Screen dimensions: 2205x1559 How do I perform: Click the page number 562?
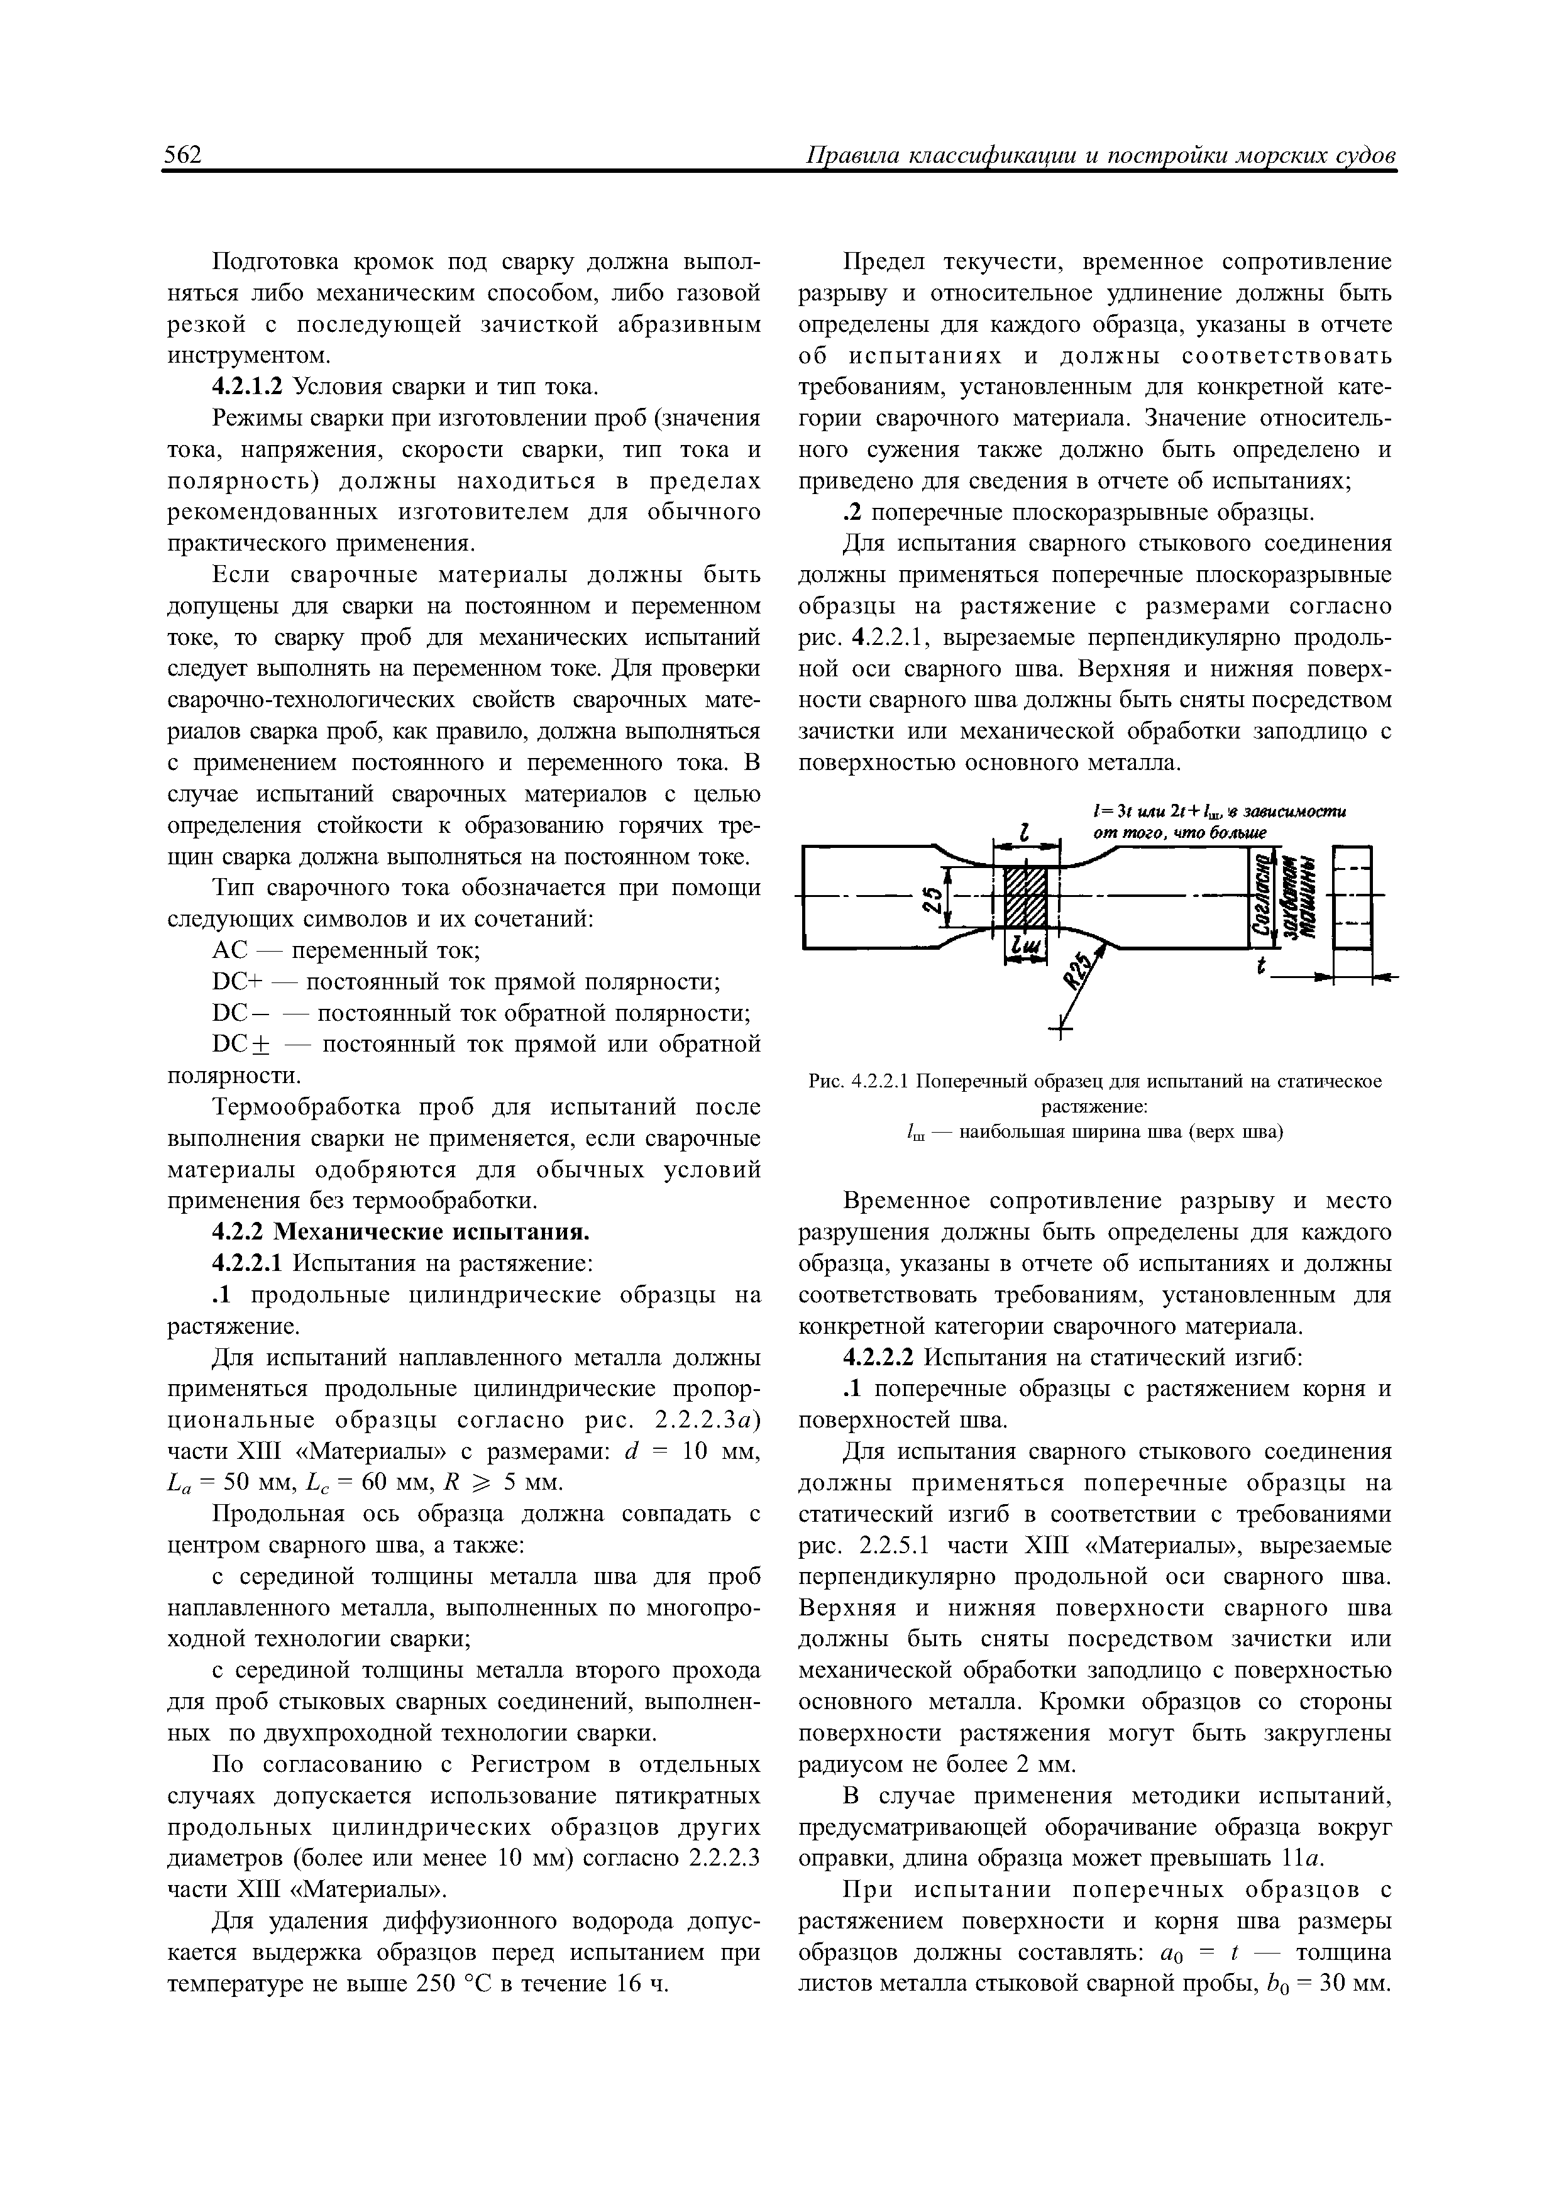(182, 156)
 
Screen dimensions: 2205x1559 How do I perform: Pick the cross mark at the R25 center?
(1061, 1032)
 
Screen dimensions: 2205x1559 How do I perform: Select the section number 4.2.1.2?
(248, 387)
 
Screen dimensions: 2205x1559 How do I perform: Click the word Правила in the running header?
(848, 156)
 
